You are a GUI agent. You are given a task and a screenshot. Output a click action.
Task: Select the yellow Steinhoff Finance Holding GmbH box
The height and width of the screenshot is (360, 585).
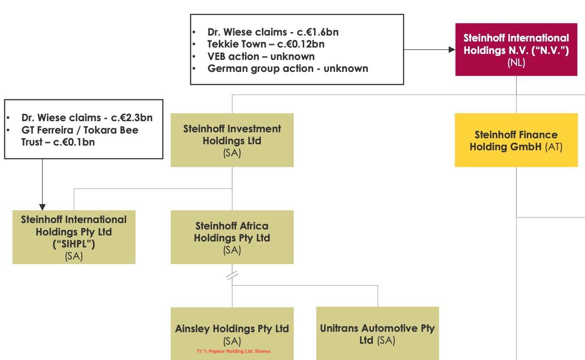point(516,140)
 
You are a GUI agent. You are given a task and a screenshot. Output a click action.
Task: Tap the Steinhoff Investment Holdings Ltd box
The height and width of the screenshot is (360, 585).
point(232,140)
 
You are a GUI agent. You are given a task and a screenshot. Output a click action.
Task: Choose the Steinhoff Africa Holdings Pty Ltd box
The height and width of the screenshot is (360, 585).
point(232,237)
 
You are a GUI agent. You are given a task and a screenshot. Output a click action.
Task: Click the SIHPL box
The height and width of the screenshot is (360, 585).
point(74,237)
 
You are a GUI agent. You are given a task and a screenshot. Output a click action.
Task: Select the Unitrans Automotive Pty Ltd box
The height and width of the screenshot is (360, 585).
point(377,334)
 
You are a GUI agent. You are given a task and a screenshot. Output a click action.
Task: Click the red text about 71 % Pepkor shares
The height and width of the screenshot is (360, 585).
point(233,351)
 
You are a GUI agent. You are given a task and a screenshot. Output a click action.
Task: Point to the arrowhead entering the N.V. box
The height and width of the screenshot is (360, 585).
point(451,50)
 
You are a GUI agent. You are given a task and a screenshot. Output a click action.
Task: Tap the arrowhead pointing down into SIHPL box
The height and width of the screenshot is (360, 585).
point(42,207)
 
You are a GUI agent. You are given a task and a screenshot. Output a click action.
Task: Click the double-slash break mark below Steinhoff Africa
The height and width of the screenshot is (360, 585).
point(232,276)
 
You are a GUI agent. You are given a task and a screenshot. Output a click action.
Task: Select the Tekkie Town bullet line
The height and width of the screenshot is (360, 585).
point(266,44)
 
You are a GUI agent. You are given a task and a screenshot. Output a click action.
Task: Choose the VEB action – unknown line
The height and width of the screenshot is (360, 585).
point(261,57)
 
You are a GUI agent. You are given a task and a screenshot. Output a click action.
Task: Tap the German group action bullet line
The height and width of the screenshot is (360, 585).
point(287,68)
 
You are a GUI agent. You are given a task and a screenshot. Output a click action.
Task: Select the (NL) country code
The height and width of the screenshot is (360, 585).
point(516,62)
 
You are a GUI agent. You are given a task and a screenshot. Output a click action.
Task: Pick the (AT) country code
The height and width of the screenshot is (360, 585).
point(553,147)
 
